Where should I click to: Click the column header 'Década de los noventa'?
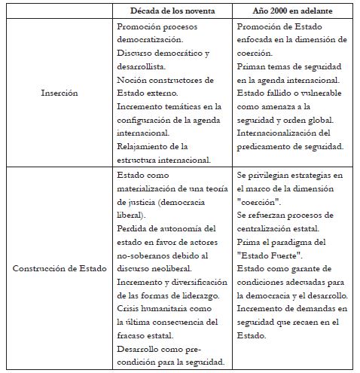(x=172, y=11)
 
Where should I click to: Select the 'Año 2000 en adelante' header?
(x=289, y=11)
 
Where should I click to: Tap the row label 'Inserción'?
(x=59, y=93)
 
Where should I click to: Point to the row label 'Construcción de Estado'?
(x=59, y=268)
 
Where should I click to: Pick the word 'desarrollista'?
(x=148, y=66)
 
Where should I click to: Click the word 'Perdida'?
(x=133, y=228)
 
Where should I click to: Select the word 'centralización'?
(x=269, y=228)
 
